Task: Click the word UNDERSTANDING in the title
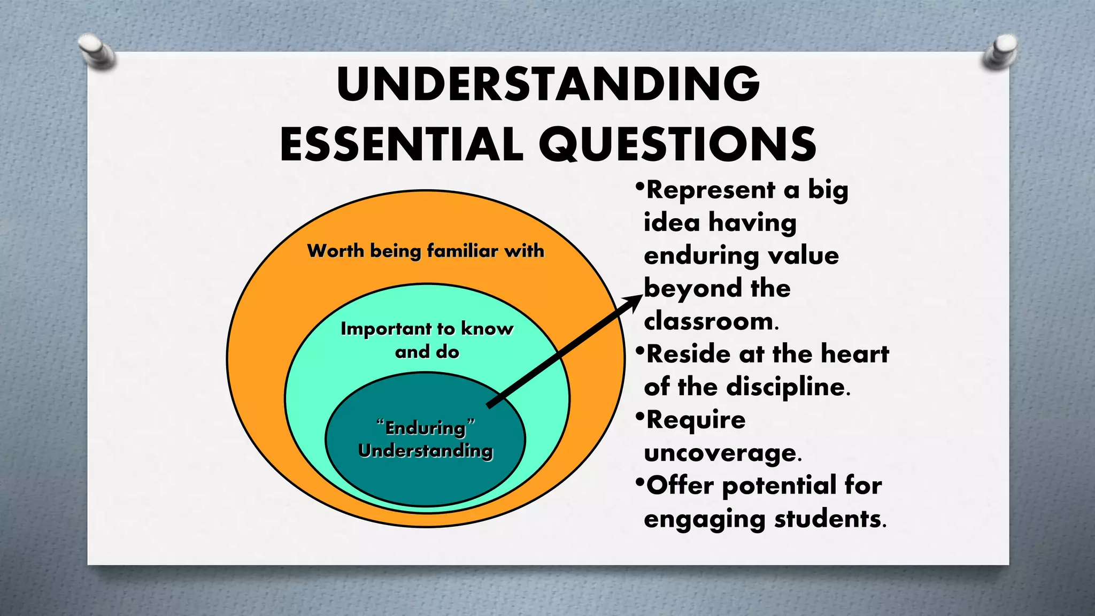pyautogui.click(x=548, y=84)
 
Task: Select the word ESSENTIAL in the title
pyautogui.click(x=401, y=144)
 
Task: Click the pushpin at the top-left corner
pyautogui.click(x=97, y=51)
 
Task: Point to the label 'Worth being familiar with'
pyautogui.click(x=426, y=251)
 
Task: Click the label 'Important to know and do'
pyautogui.click(x=427, y=340)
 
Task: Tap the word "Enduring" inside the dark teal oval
pyautogui.click(x=426, y=428)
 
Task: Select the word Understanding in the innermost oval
pyautogui.click(x=426, y=451)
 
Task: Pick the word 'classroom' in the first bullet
pyautogui.click(x=708, y=321)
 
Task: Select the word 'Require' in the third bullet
pyautogui.click(x=696, y=420)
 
